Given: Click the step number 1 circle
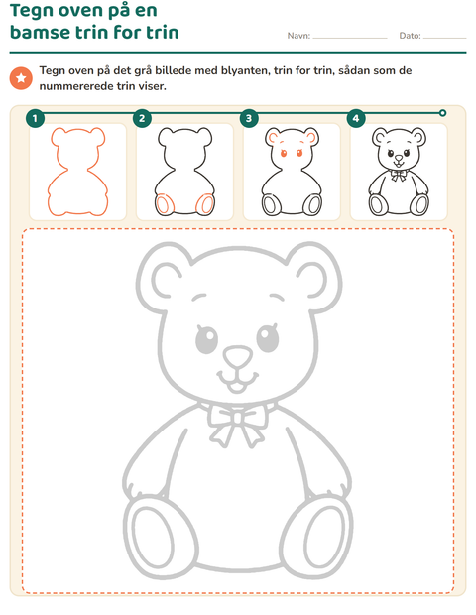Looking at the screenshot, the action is pyautogui.click(x=35, y=118).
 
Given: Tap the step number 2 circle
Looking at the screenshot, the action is pyautogui.click(x=142, y=118).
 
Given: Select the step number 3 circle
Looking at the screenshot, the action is pyautogui.click(x=249, y=118).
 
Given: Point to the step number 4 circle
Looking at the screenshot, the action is pyautogui.click(x=356, y=118).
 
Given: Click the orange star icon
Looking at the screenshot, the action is pyautogui.click(x=21, y=78).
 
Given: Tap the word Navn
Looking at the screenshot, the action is pyautogui.click(x=298, y=36).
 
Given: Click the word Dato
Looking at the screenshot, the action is pyautogui.click(x=411, y=36).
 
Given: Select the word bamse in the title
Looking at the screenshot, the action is pyautogui.click(x=41, y=32).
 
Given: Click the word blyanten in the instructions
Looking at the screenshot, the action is pyautogui.click(x=246, y=71).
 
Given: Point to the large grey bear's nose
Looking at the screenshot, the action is pyautogui.click(x=238, y=356).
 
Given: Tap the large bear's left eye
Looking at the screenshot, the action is pyautogui.click(x=206, y=337).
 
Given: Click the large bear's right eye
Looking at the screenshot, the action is pyautogui.click(x=268, y=337).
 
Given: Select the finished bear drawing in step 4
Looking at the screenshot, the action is pyautogui.click(x=399, y=172).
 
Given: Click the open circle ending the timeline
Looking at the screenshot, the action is pyautogui.click(x=442, y=113).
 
